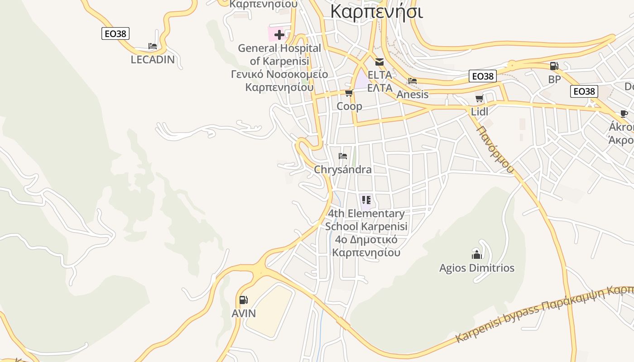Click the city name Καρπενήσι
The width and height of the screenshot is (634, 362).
(376, 11)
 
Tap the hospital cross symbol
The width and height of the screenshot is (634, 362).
(279, 34)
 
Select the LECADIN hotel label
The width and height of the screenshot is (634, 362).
(153, 59)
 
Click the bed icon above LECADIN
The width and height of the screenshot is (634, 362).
(153, 46)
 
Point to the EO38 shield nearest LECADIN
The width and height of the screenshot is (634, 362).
(115, 33)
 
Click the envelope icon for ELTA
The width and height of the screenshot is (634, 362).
(379, 62)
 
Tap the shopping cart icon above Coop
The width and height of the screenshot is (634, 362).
(349, 93)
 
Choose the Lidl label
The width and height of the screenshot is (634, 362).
(480, 111)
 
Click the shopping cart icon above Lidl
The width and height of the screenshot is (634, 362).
(479, 98)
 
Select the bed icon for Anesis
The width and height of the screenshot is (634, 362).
(412, 81)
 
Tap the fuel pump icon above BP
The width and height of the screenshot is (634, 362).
(554, 66)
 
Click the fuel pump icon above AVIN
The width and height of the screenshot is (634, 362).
(243, 300)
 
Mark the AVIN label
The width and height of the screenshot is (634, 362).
(244, 313)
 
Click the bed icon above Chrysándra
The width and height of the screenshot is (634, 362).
(343, 156)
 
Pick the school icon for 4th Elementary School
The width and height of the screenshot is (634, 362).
(366, 200)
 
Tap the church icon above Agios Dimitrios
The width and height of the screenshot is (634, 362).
(476, 254)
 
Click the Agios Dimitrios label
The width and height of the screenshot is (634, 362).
(476, 268)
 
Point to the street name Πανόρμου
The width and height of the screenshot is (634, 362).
(495, 149)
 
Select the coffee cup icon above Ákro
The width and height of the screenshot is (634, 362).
(624, 114)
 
